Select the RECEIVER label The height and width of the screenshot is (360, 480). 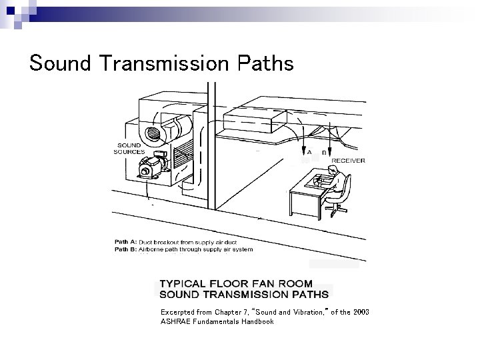pos(348,160)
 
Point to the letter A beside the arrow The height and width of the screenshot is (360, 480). pos(309,151)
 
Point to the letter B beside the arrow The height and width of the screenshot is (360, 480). pos(324,152)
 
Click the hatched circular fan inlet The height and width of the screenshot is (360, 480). pos(153,133)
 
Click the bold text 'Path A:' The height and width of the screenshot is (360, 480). pos(125,243)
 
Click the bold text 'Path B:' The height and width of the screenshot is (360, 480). pos(125,249)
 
